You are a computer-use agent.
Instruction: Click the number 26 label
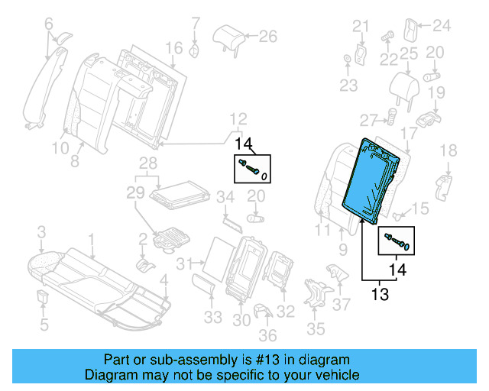(267, 35)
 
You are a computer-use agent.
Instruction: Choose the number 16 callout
(174, 49)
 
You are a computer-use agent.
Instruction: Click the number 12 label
(238, 119)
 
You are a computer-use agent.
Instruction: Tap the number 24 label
(442, 27)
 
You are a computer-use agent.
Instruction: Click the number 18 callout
(448, 150)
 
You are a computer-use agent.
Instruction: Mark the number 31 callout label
(182, 264)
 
